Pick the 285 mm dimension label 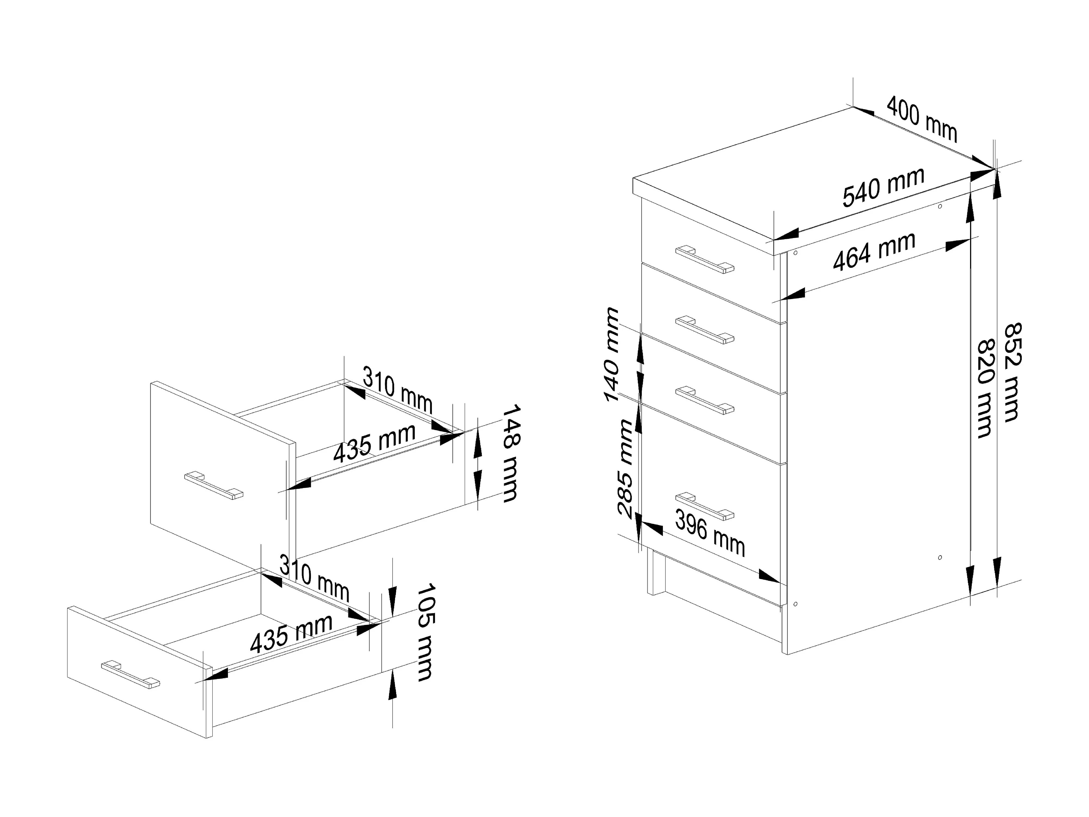click(625, 469)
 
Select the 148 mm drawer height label click(510, 453)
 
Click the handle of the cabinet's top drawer click(705, 260)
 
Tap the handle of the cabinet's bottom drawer click(705, 506)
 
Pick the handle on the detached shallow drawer click(130, 674)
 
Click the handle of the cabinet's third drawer click(705, 400)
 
